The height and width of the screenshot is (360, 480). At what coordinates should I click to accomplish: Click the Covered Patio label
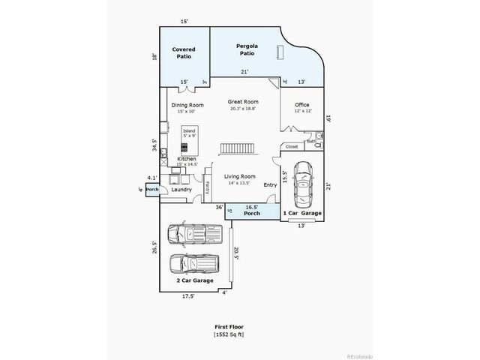coord(184,52)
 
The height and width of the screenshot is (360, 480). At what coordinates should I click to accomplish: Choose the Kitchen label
coord(187,160)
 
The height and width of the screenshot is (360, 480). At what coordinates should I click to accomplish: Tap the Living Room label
coord(240,176)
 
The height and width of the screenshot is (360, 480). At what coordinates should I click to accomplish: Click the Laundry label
coord(181,190)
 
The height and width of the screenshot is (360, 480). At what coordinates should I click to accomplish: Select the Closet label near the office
coord(292,146)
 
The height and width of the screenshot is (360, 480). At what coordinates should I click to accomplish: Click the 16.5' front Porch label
coord(252,211)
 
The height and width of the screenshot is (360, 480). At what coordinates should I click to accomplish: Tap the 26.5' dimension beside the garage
coord(154,247)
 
